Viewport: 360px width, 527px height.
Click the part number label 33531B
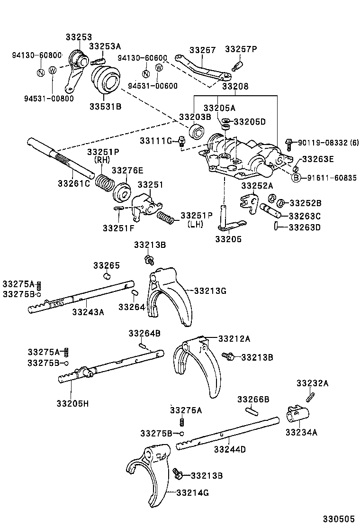[x=105, y=106]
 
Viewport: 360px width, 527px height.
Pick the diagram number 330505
[x=338, y=519]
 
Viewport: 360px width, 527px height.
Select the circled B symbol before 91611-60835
[x=296, y=178]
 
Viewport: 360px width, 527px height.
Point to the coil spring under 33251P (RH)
[x=105, y=181]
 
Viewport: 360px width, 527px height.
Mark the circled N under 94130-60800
[x=41, y=72]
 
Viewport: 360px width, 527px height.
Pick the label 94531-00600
[x=153, y=86]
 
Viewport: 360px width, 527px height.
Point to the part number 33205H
[x=72, y=403]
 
